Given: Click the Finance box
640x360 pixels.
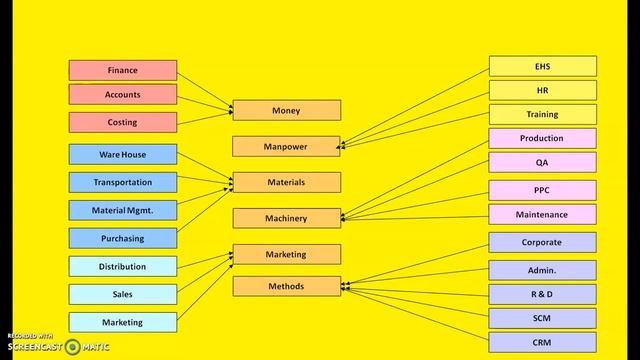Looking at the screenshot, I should point(122,70).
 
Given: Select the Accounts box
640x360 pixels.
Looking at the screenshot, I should point(122,94).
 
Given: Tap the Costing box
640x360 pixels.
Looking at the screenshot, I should point(122,122).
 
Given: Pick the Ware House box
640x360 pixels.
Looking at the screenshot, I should point(122,154).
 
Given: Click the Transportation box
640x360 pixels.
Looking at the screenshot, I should point(122,182).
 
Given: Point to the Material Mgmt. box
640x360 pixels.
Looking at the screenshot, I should point(122,210).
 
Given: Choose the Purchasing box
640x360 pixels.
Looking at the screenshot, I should point(122,238).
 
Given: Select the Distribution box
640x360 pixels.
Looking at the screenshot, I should point(122,266).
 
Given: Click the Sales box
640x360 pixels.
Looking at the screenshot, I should point(122,294).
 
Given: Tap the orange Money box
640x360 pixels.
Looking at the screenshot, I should point(286,110).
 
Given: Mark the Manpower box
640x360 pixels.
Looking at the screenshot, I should point(286,146).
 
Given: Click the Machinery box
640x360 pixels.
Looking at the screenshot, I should point(286,218).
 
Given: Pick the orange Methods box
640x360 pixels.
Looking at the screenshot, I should point(286,286).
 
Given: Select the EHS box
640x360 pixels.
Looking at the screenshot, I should point(542,66).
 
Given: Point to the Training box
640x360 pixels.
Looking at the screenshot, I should point(542,114).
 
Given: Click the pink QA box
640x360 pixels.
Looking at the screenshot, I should point(542,162).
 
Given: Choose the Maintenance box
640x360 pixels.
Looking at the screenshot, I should point(542,214).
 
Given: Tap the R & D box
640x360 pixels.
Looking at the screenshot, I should point(542,294).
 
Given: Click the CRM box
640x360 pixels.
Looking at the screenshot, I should point(542,342).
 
